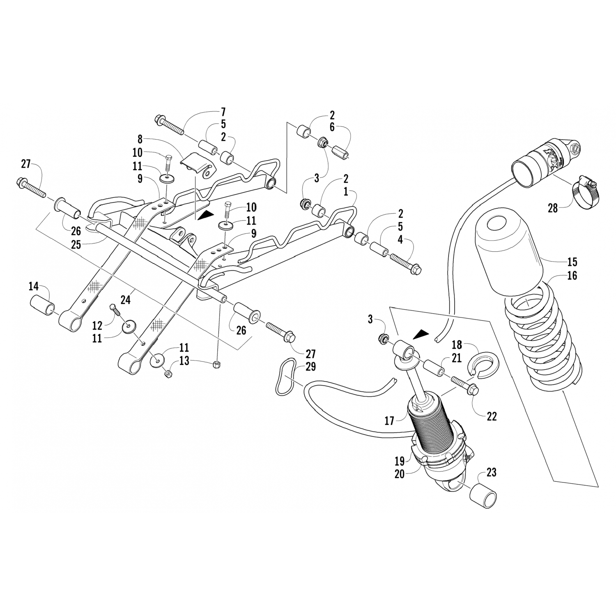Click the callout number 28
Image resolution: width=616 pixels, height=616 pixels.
[x=553, y=208]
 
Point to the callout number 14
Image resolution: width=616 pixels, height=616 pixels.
[x=34, y=286]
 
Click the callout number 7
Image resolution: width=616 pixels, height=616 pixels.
[x=223, y=112]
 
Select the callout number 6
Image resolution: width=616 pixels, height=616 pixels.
[x=332, y=128]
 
